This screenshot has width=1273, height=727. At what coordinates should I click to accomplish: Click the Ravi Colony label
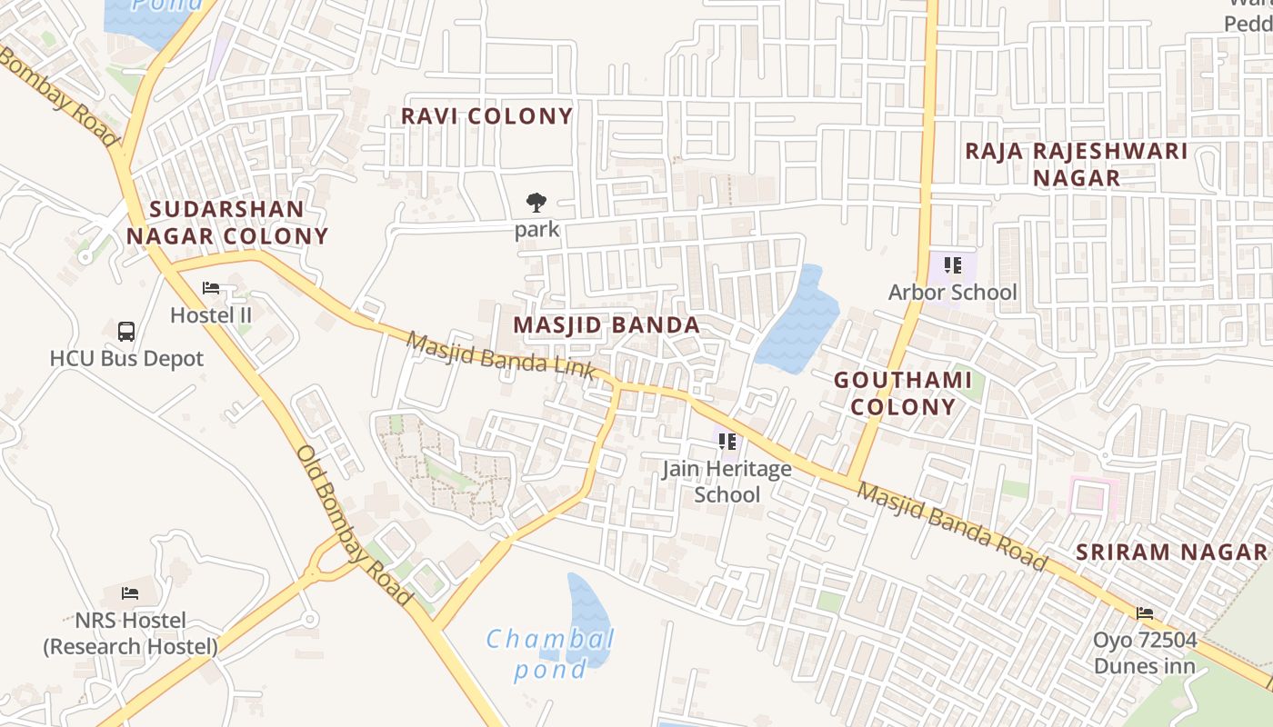[486, 116]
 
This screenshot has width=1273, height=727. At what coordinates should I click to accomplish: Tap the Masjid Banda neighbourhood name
[606, 325]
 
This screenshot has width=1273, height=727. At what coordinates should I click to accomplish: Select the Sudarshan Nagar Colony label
[226, 223]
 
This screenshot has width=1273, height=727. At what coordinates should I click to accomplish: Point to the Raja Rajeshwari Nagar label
[1077, 164]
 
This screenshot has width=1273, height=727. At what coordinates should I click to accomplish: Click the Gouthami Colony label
[903, 393]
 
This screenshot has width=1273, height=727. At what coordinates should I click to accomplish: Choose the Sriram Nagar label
[1171, 552]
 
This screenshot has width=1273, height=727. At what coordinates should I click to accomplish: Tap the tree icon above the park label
[536, 203]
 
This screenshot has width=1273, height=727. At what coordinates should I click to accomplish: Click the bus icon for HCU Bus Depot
[126, 332]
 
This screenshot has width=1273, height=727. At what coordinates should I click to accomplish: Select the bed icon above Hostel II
[211, 289]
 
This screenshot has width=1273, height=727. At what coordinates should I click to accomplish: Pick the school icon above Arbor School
[952, 265]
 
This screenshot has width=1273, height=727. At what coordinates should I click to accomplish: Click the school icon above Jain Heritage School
[727, 443]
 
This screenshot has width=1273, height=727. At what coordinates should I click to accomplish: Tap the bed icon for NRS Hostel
[130, 593]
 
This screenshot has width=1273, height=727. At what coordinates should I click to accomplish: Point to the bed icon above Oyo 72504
[1144, 613]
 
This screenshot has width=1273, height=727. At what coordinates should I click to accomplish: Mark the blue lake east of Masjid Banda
[797, 320]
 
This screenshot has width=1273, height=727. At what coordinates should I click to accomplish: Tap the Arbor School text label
[952, 293]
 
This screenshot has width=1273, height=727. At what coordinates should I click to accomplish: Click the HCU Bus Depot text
[126, 359]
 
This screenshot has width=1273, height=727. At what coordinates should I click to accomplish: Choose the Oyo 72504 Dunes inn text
[1144, 652]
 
